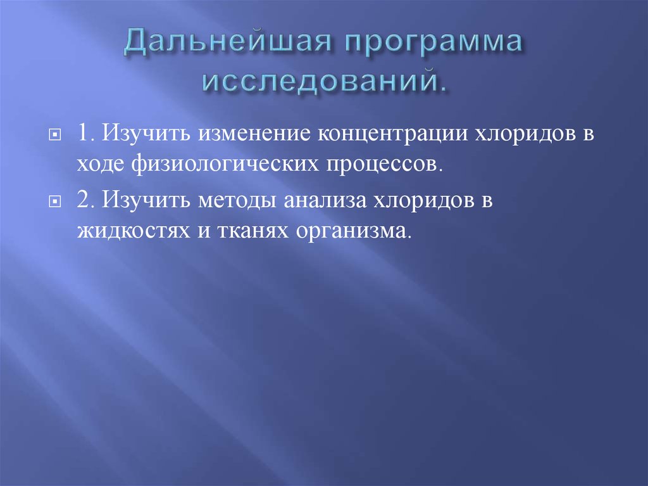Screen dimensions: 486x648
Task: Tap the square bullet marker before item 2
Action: coord(56,201)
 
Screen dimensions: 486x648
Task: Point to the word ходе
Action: coord(101,163)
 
